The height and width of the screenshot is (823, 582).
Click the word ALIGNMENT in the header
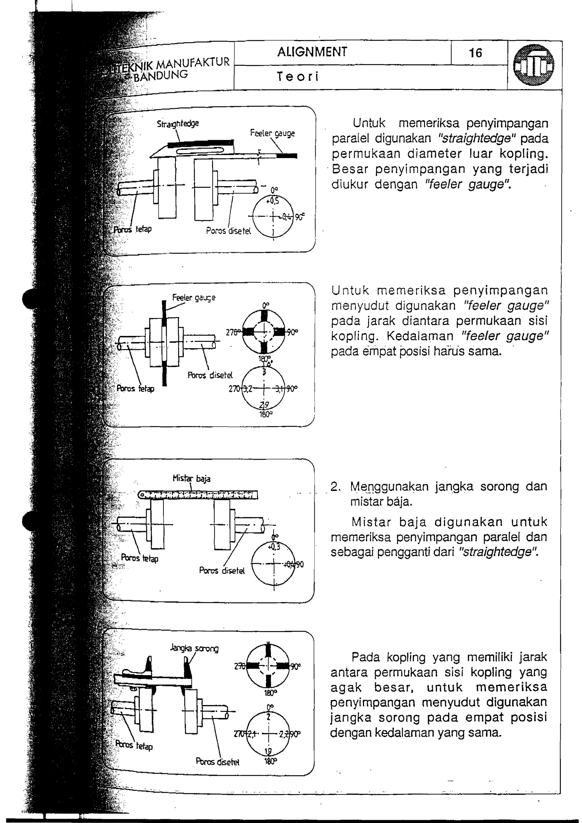312,52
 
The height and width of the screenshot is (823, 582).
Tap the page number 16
475,53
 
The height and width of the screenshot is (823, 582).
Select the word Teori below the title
298,77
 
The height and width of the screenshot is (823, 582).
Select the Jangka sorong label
194,648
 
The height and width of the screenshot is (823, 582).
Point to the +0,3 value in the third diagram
274,547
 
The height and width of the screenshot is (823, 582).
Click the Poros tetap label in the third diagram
140,558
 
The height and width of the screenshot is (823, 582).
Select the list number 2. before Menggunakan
335,487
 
